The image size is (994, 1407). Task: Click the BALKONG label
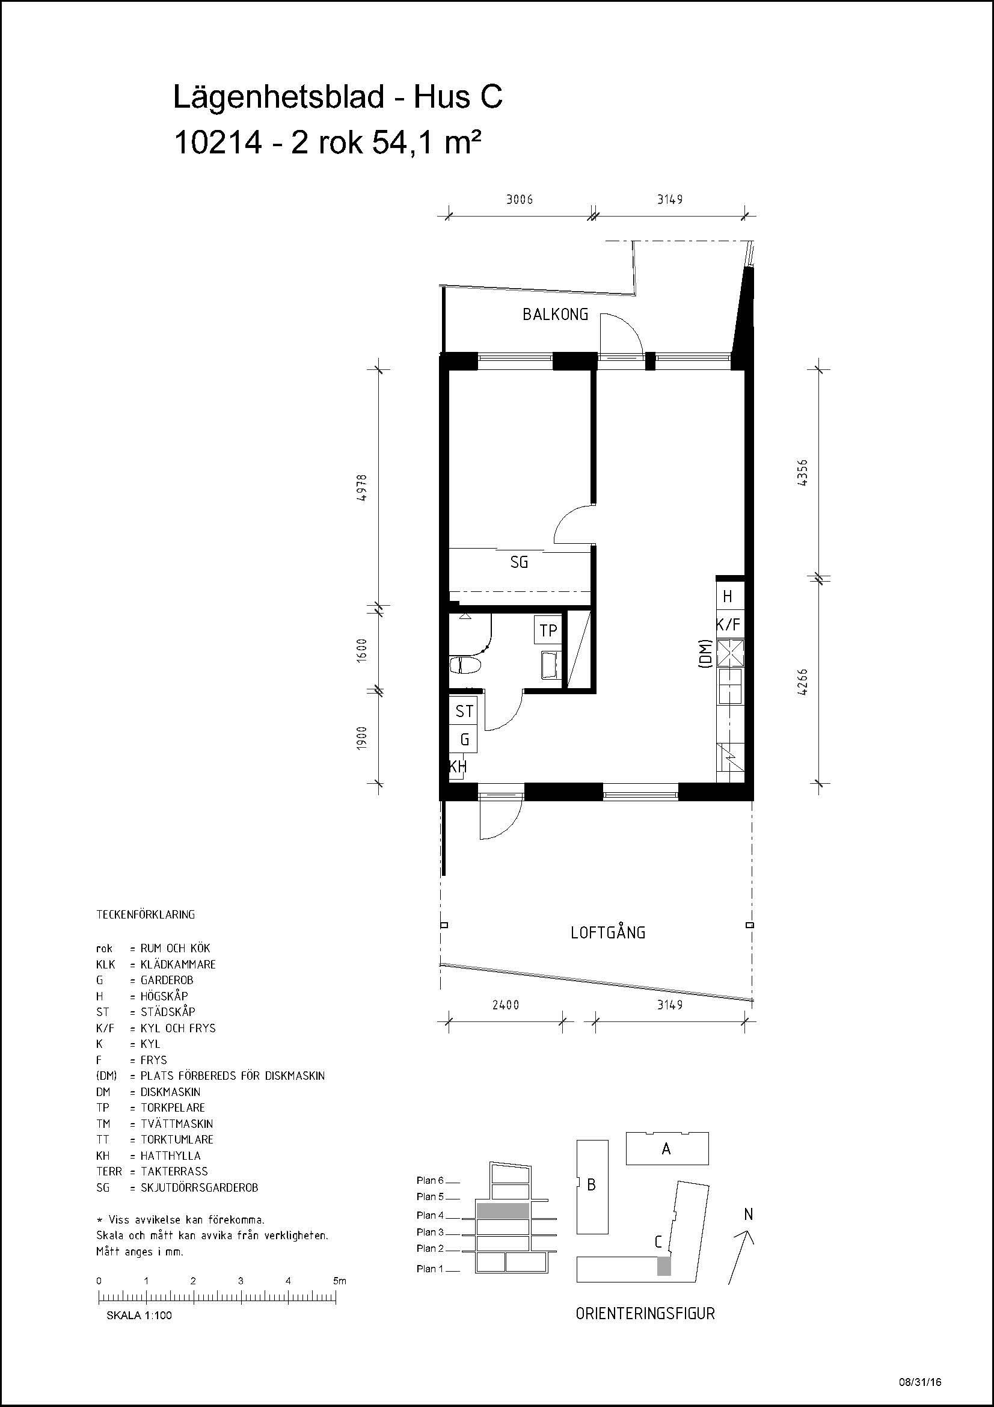[x=555, y=315]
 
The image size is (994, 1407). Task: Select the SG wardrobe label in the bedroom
[x=519, y=562]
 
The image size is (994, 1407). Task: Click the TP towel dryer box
[x=548, y=630]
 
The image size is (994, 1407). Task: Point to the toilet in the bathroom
[x=465, y=665]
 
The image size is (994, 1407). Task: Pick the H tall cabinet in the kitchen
[x=729, y=596]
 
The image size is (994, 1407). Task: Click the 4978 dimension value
[x=363, y=488]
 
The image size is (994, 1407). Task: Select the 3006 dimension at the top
[x=520, y=199]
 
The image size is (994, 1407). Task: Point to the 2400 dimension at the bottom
[x=505, y=1005]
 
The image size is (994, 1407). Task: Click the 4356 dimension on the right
[x=803, y=472]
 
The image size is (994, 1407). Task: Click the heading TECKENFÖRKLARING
[x=146, y=914]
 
